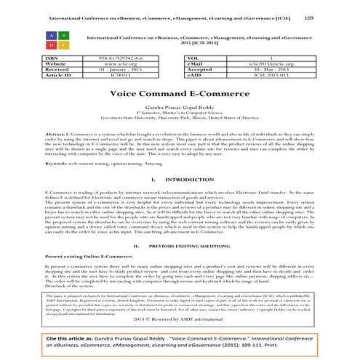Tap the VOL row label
coord(194,57)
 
